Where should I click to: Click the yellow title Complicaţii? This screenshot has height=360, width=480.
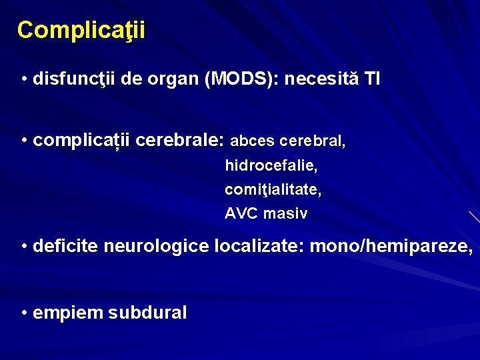(x=81, y=30)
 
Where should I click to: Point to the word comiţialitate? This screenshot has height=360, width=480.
(x=273, y=190)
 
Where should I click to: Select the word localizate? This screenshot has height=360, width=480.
(x=261, y=247)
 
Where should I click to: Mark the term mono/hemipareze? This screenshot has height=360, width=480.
(x=392, y=247)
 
